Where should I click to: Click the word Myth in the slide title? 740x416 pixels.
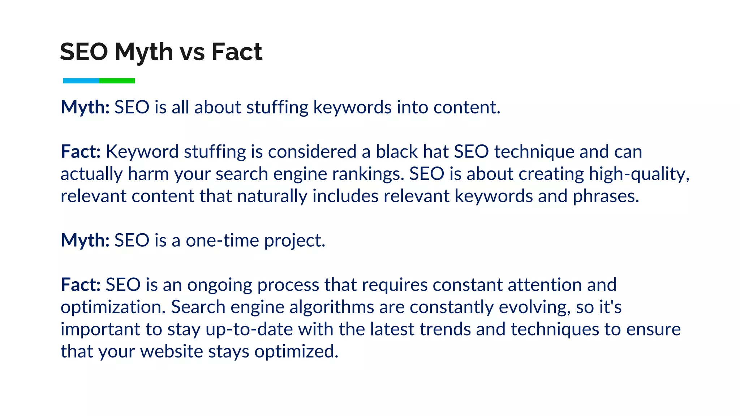pos(144,52)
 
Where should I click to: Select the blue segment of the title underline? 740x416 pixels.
pos(81,81)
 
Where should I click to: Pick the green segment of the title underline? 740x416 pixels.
pos(117,81)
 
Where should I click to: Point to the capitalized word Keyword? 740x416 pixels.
pos(142,152)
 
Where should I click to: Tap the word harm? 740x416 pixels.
pos(148,174)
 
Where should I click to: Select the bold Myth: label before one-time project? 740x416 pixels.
pos(85,241)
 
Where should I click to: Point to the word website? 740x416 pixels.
pos(172,352)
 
